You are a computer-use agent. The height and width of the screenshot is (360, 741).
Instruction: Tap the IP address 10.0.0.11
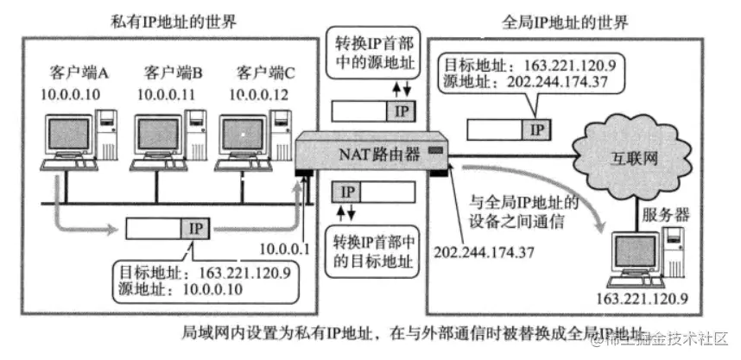[x=166, y=92]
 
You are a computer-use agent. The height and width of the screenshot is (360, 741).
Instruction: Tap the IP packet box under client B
[x=167, y=228]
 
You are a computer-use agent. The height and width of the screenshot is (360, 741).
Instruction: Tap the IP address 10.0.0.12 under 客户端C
[x=256, y=92]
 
